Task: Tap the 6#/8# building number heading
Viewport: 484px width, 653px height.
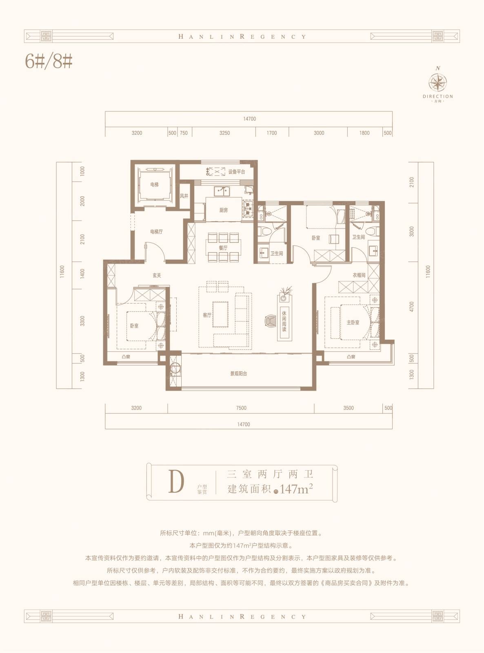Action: (x=49, y=62)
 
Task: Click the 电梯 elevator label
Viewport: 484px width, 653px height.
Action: (x=154, y=184)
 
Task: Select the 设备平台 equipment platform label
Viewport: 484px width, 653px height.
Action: (x=237, y=172)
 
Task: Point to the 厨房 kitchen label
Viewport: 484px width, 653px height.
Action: (x=224, y=210)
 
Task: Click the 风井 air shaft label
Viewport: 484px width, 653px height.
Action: (x=184, y=196)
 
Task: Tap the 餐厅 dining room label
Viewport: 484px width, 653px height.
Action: (x=223, y=248)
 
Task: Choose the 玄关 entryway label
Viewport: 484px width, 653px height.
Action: (x=157, y=275)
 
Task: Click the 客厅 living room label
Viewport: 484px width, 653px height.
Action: (x=207, y=315)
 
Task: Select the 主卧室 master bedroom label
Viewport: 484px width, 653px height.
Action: (x=353, y=322)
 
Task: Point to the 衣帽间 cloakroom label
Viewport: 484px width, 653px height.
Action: (x=359, y=275)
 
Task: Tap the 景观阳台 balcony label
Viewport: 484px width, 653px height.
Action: (x=238, y=373)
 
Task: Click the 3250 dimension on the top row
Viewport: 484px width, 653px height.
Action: (x=224, y=133)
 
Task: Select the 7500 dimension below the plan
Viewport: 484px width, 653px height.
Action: (x=241, y=408)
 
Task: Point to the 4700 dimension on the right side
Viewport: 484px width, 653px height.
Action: (x=412, y=307)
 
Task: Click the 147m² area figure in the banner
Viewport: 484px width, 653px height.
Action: (x=296, y=489)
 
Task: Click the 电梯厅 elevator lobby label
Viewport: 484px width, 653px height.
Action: (x=156, y=232)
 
